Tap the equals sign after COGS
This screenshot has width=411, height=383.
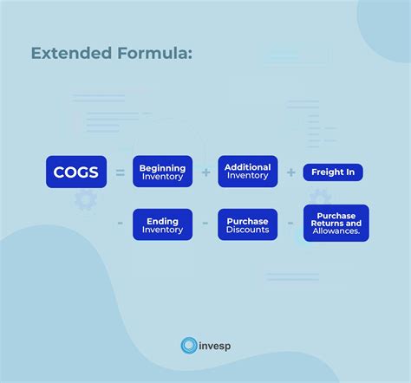click(120, 172)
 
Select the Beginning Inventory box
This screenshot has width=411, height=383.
click(162, 172)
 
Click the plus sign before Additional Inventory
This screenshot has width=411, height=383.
click(206, 172)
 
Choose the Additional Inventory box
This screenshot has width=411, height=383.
click(247, 172)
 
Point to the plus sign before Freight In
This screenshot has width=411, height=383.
click(290, 172)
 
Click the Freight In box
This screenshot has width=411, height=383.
click(333, 172)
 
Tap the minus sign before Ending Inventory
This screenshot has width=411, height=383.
click(120, 224)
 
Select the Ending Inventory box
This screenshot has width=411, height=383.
click(162, 224)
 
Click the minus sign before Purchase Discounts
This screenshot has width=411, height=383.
click(206, 224)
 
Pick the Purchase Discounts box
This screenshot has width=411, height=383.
click(247, 224)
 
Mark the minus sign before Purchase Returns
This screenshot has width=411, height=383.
click(290, 224)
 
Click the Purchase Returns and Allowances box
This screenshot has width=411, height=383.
click(336, 224)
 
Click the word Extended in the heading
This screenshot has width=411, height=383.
click(70, 54)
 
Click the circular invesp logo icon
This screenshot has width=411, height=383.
click(189, 346)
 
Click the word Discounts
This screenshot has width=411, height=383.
click(247, 230)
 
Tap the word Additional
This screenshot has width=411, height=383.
click(247, 166)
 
